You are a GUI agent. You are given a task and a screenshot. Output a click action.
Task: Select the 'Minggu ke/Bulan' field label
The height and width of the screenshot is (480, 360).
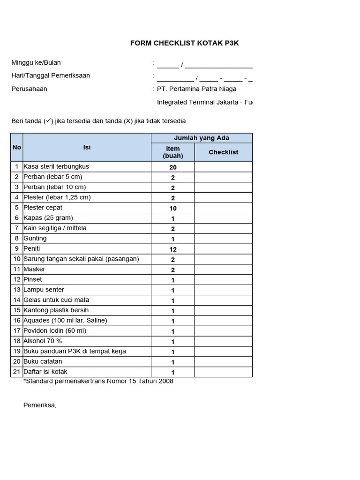click(36, 63)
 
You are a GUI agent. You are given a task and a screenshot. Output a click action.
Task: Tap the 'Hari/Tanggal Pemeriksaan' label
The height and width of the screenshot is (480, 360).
click(51, 76)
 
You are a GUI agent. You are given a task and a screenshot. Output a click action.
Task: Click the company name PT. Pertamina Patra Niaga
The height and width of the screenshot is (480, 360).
click(196, 89)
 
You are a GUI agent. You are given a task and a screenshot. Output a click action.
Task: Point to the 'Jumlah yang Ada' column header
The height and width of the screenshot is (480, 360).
click(202, 138)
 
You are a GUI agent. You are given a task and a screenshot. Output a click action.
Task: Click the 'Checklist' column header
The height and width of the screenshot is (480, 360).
click(224, 152)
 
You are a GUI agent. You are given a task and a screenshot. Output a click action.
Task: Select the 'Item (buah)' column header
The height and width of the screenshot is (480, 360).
click(173, 152)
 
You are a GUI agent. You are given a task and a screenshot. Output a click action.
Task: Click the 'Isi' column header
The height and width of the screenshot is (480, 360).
click(87, 147)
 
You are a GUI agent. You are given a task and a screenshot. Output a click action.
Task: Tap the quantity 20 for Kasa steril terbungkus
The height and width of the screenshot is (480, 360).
click(173, 167)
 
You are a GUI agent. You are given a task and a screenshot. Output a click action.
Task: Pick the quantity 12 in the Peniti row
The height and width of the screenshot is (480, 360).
click(173, 249)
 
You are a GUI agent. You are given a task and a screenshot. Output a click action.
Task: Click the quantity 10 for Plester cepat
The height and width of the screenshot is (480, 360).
click(173, 208)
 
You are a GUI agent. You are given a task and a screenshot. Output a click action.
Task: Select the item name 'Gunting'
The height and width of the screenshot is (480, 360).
click(35, 239)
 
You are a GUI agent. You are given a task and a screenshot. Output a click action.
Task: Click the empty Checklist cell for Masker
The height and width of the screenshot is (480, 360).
click(224, 270)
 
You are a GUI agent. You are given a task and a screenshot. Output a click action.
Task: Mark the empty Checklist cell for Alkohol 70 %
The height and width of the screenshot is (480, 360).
click(224, 341)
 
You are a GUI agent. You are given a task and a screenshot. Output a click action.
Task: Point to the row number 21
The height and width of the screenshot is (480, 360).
click(17, 372)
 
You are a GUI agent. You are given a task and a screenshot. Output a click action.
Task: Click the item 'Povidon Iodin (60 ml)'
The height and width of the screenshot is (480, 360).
click(55, 331)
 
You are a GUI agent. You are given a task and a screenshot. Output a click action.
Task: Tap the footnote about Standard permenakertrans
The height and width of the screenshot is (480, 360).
click(98, 382)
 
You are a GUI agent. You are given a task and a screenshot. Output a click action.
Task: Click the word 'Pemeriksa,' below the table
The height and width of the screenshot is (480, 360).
click(40, 405)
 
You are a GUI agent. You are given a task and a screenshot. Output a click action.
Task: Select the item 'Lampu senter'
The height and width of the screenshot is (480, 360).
click(44, 290)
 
